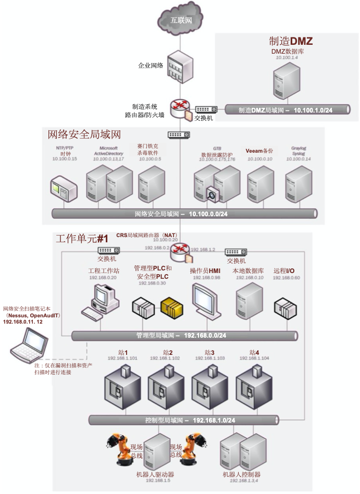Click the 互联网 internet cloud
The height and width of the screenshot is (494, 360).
pos(181,20)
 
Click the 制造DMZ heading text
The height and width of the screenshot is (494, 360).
pos(291,41)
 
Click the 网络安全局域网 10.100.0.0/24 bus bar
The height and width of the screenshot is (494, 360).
pos(185,214)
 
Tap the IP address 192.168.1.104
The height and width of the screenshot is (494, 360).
pos(254,359)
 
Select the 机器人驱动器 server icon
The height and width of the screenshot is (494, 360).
pos(157,451)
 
